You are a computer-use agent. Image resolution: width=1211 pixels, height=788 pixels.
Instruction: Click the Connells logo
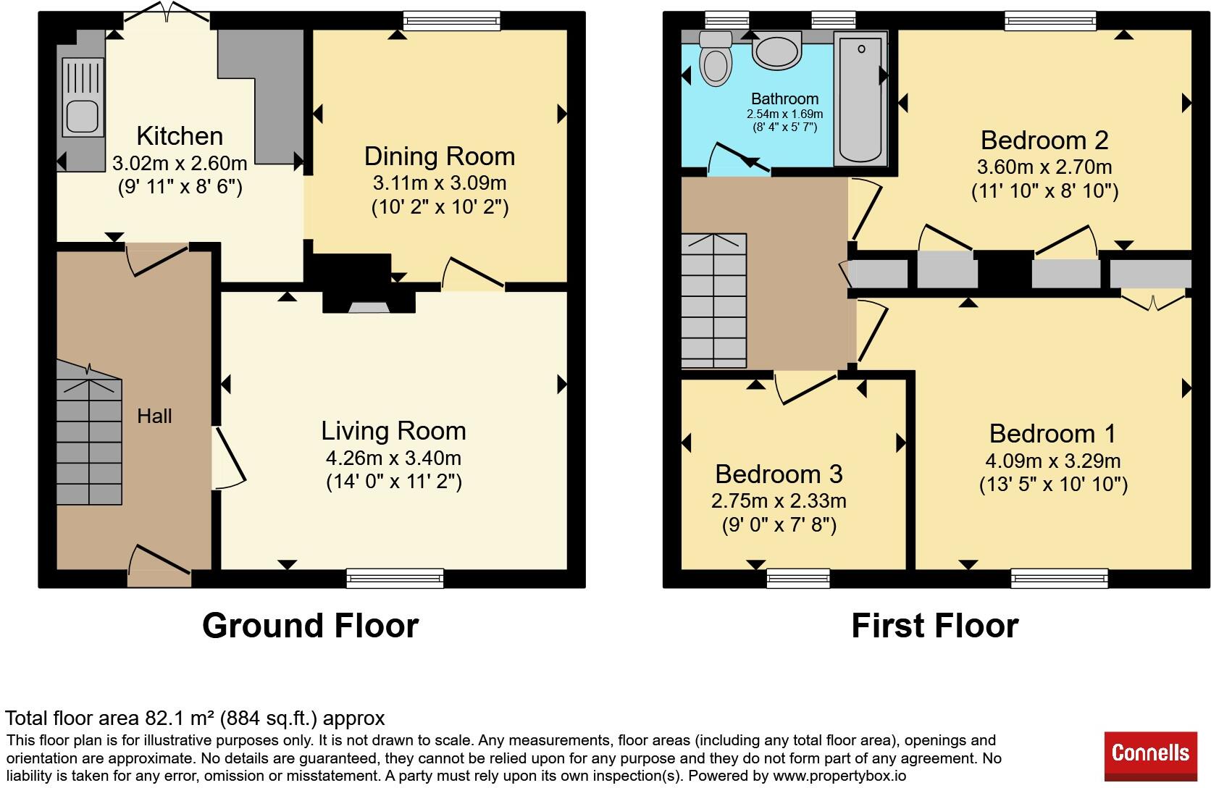(1150, 755)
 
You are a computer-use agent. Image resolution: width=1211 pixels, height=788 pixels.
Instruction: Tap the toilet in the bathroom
(716, 59)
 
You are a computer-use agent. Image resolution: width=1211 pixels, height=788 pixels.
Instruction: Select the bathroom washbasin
(776, 50)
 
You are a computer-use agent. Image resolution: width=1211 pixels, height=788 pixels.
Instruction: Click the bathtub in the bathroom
(860, 98)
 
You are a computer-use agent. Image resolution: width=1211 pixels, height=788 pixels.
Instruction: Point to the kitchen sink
(82, 97)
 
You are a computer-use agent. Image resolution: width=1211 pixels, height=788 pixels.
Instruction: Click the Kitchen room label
(180, 135)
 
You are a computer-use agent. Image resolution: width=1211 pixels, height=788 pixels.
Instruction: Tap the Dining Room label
(440, 156)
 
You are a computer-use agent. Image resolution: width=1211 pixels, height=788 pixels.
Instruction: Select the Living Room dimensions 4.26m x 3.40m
(393, 458)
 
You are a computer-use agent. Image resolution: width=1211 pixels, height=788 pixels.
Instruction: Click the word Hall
(154, 416)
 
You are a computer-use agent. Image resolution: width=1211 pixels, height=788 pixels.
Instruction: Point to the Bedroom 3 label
(779, 474)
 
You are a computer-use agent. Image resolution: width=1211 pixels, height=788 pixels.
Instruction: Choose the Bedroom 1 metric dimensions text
(1053, 461)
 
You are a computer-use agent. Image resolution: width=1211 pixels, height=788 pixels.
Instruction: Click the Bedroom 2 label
(1044, 141)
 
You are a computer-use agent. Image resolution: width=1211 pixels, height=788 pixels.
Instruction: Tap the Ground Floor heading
(310, 626)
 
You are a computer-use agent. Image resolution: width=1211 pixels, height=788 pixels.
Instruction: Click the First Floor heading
(935, 626)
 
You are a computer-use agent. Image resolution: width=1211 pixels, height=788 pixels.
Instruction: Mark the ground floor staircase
(89, 432)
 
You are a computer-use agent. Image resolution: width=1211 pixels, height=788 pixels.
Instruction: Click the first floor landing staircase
(713, 301)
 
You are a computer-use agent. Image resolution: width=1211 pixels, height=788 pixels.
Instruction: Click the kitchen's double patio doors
(167, 12)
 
